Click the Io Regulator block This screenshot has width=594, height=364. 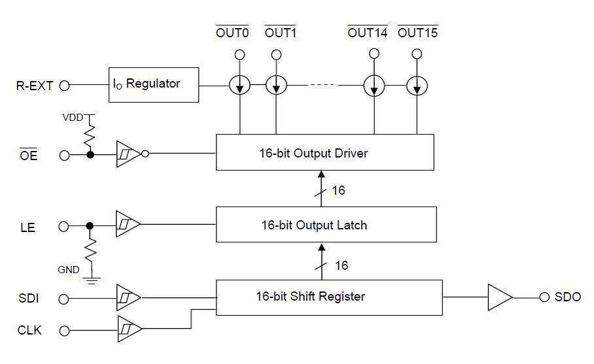[154, 84]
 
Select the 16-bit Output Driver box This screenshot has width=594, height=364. [324, 154]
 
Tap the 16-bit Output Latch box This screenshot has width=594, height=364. [324, 225]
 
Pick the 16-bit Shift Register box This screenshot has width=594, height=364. [329, 297]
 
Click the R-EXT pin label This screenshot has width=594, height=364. [34, 85]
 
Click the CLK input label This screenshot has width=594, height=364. [30, 331]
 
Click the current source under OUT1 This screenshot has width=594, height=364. [277, 85]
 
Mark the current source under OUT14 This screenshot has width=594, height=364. [374, 85]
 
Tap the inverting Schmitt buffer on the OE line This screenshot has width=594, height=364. [129, 154]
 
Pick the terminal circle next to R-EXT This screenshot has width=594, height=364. [64, 85]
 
